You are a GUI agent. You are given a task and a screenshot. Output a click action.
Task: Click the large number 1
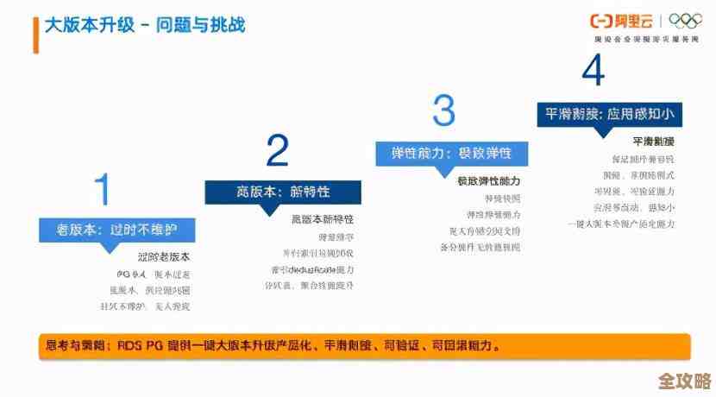point(103,189)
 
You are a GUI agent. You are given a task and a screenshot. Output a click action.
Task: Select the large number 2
point(277,150)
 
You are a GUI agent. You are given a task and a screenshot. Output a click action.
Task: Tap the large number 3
point(443,111)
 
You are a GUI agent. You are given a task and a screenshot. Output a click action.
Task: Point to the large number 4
point(593,71)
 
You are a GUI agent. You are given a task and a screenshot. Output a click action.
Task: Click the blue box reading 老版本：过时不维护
point(116,230)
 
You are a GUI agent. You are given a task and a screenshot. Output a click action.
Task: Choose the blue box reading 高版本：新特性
point(283,192)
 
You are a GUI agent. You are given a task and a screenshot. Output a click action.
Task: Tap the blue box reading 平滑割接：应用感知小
point(609,114)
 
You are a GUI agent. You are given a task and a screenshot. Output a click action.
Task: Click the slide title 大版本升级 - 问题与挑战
point(145,25)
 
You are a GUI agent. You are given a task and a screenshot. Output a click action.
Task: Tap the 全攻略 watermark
point(684,381)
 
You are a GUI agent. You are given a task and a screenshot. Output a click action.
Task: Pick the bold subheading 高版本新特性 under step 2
point(323,219)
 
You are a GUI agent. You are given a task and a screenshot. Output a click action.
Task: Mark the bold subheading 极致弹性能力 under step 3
point(488,181)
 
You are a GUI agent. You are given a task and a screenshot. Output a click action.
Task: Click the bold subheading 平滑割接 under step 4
point(653,142)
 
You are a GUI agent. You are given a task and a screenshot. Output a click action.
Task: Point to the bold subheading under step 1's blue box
point(164,257)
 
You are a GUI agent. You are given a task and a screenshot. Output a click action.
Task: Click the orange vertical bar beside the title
point(35,34)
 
